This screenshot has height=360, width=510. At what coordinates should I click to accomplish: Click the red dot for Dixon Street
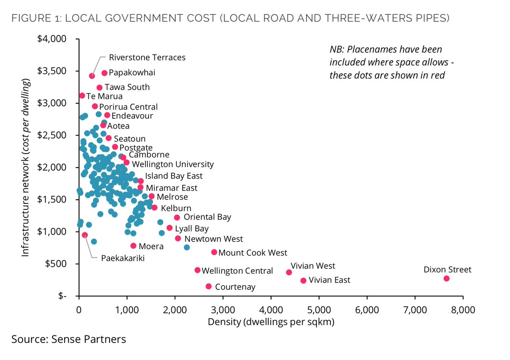point(446,278)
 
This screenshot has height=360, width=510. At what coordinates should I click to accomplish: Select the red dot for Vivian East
point(303,281)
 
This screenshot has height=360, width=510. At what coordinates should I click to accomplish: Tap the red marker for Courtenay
point(209,286)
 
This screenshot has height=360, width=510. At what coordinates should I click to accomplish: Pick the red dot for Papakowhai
point(105,73)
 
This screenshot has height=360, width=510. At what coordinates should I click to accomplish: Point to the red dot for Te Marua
point(82,96)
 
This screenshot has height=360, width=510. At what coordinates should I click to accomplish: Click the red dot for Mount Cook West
point(214,252)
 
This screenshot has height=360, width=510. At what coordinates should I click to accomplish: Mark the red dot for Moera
point(133,246)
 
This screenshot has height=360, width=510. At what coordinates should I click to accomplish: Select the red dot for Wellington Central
point(197,270)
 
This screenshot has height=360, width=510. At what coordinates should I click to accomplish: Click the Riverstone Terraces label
point(147,57)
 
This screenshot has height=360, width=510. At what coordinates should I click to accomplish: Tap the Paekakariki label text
point(122,258)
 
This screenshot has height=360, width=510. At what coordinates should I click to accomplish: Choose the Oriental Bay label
point(207,217)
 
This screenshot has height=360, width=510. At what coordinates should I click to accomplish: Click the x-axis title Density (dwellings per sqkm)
point(271,322)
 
